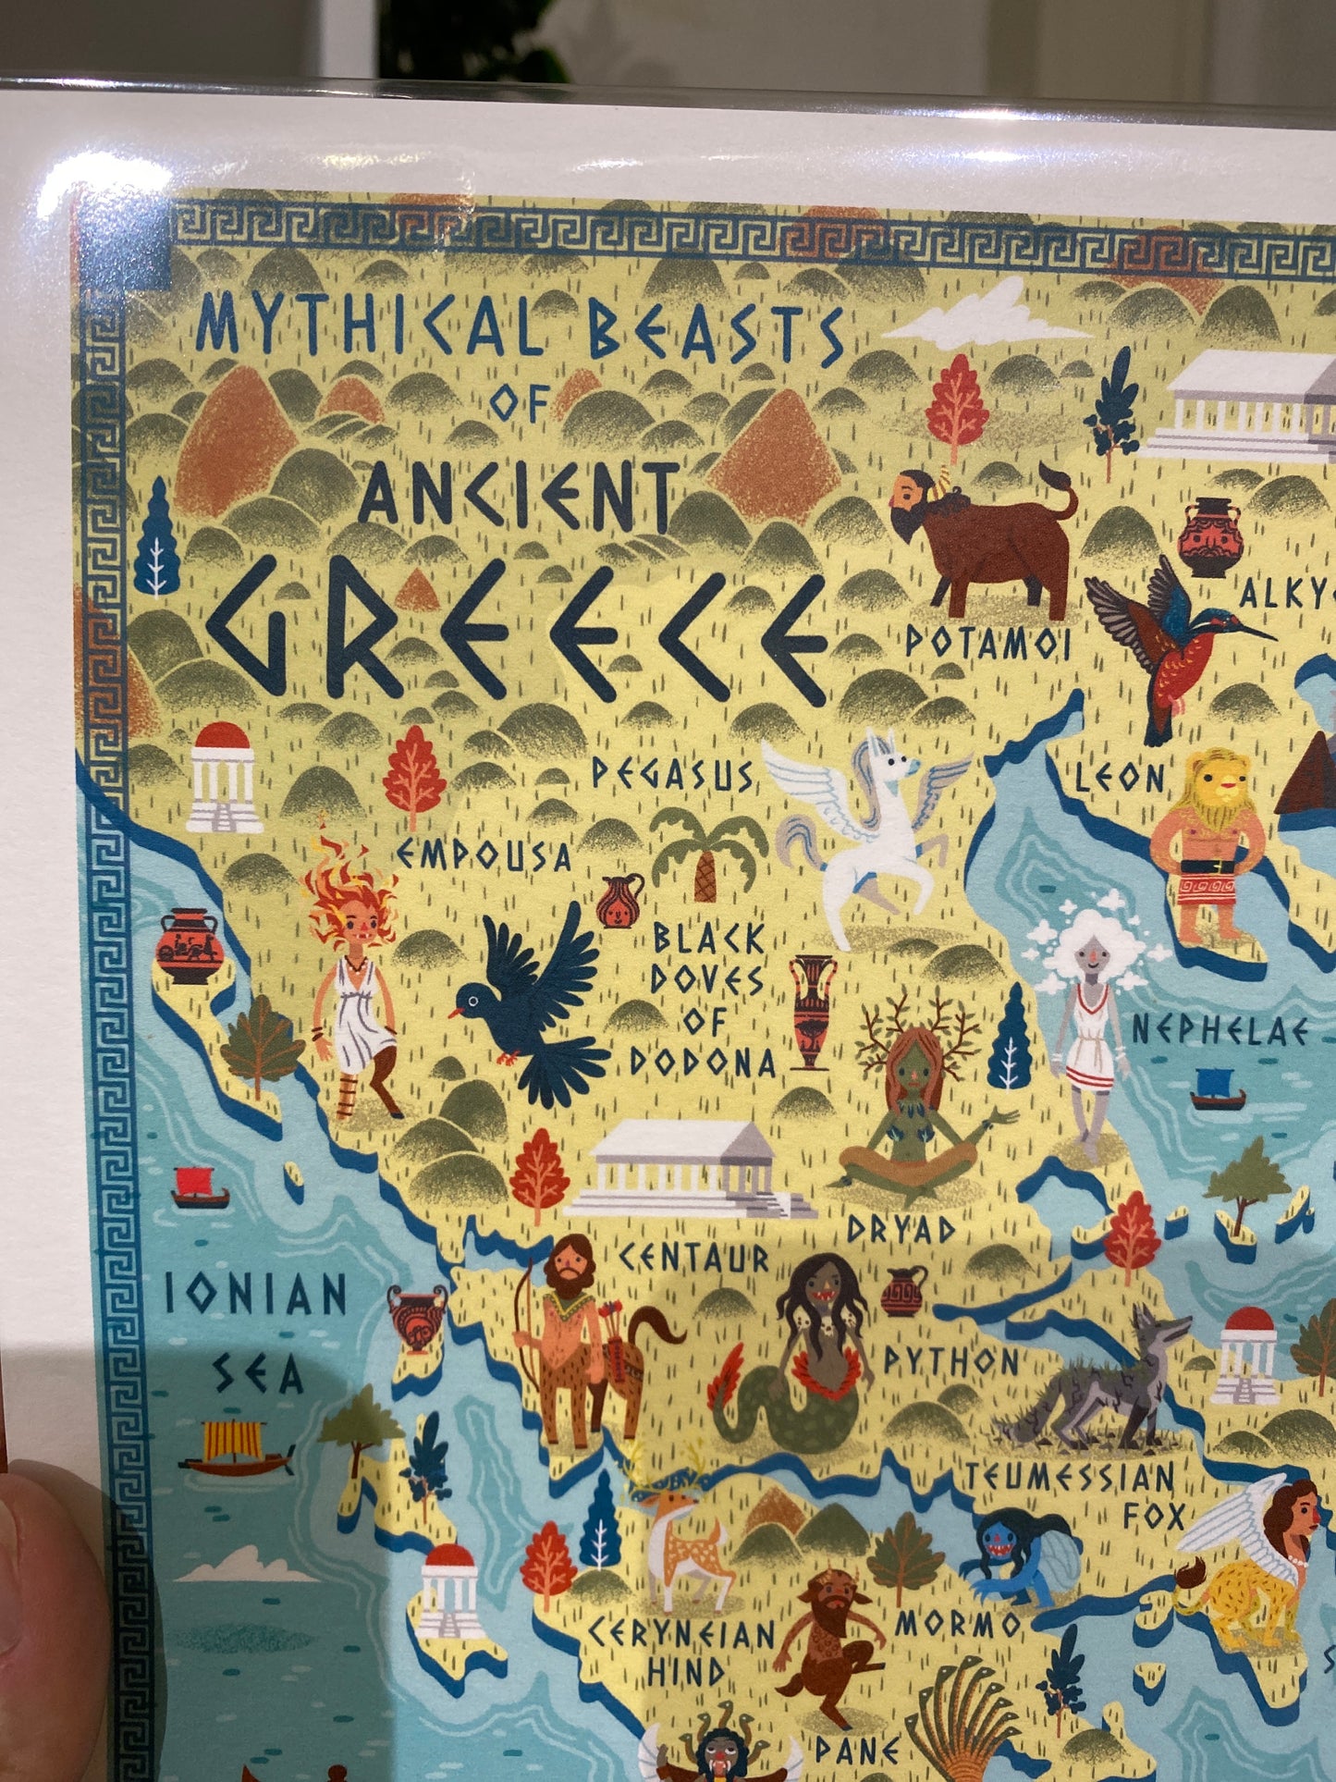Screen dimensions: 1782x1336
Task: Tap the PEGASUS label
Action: tap(673, 775)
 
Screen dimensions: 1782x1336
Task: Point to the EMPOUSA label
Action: tap(485, 855)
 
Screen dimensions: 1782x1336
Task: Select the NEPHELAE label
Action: tap(1220, 1029)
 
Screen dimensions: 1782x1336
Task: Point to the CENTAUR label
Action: tap(693, 1257)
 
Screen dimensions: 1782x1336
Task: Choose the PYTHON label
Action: tap(952, 1359)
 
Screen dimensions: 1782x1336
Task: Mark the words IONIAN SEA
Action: tap(256, 1332)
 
